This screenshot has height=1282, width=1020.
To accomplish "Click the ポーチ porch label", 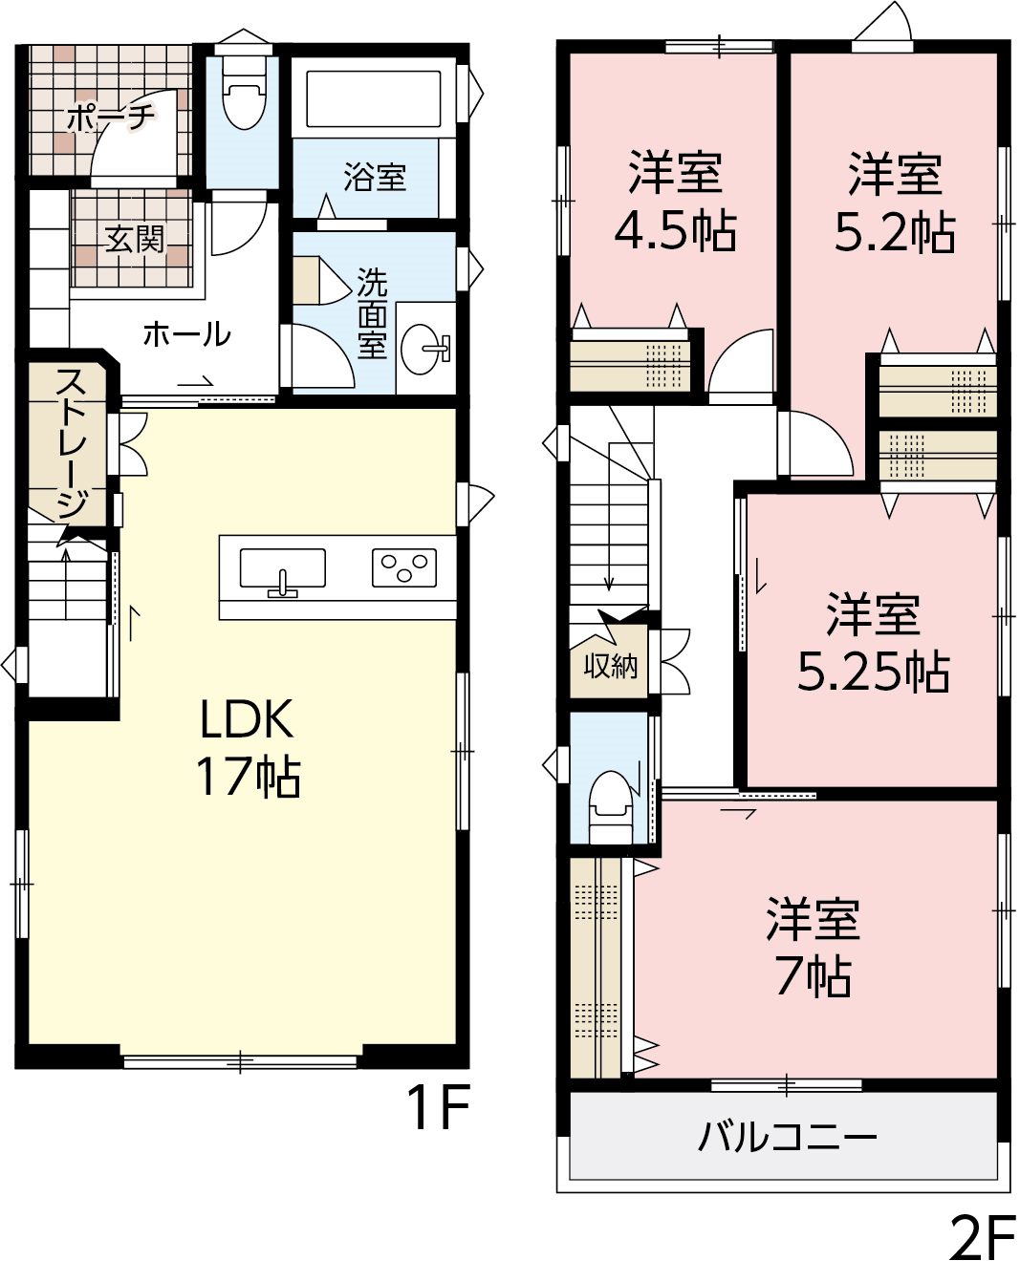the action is (110, 117).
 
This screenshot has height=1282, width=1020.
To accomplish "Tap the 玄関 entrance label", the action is (135, 240).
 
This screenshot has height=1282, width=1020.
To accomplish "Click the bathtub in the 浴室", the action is (373, 97).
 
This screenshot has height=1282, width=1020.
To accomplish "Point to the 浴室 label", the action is (375, 177).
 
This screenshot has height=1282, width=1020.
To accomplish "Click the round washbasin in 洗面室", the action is (425, 349).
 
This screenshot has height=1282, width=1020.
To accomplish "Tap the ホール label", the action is (186, 333).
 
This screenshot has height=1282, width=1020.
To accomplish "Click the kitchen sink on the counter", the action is (283, 570).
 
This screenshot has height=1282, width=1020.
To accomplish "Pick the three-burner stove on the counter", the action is (404, 567).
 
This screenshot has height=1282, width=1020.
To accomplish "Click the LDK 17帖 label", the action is (248, 747).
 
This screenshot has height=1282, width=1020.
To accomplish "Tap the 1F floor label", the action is (438, 1107).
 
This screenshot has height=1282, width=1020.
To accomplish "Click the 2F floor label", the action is (982, 1247).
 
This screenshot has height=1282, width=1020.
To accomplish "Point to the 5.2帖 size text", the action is (894, 231).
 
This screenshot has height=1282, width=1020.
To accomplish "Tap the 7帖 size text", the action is (814, 975).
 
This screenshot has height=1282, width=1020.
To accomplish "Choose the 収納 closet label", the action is (611, 666).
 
